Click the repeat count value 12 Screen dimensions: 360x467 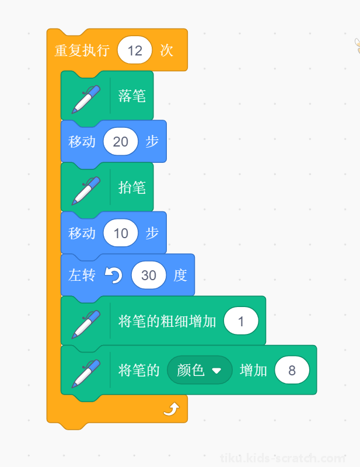(135, 50)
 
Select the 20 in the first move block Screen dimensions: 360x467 (121, 141)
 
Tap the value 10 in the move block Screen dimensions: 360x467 (121, 233)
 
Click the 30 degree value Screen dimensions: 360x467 (149, 275)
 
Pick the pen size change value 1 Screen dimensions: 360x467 (241, 321)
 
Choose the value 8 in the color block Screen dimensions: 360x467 (292, 370)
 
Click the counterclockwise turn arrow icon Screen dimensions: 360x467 (113, 275)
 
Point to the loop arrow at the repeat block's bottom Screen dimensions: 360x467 (172, 409)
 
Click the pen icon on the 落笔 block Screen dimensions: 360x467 (86, 99)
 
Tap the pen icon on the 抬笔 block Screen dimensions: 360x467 (86, 191)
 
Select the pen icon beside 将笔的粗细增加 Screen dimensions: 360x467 (86, 325)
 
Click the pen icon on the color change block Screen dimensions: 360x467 (86, 374)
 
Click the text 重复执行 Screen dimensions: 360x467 (82, 50)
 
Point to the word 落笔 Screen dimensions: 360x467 (132, 96)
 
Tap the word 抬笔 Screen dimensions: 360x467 (132, 187)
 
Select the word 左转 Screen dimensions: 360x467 (82, 275)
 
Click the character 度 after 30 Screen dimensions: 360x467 (180, 275)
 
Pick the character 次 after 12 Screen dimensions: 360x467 (166, 50)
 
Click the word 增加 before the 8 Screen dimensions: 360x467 (253, 370)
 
